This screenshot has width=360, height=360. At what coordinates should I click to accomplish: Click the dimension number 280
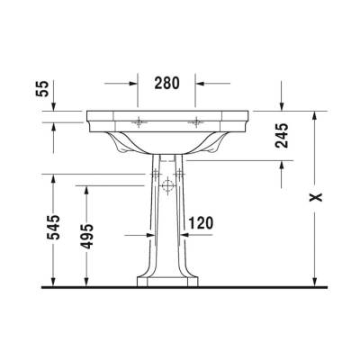166,83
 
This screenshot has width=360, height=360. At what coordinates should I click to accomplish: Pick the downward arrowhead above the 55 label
57,106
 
